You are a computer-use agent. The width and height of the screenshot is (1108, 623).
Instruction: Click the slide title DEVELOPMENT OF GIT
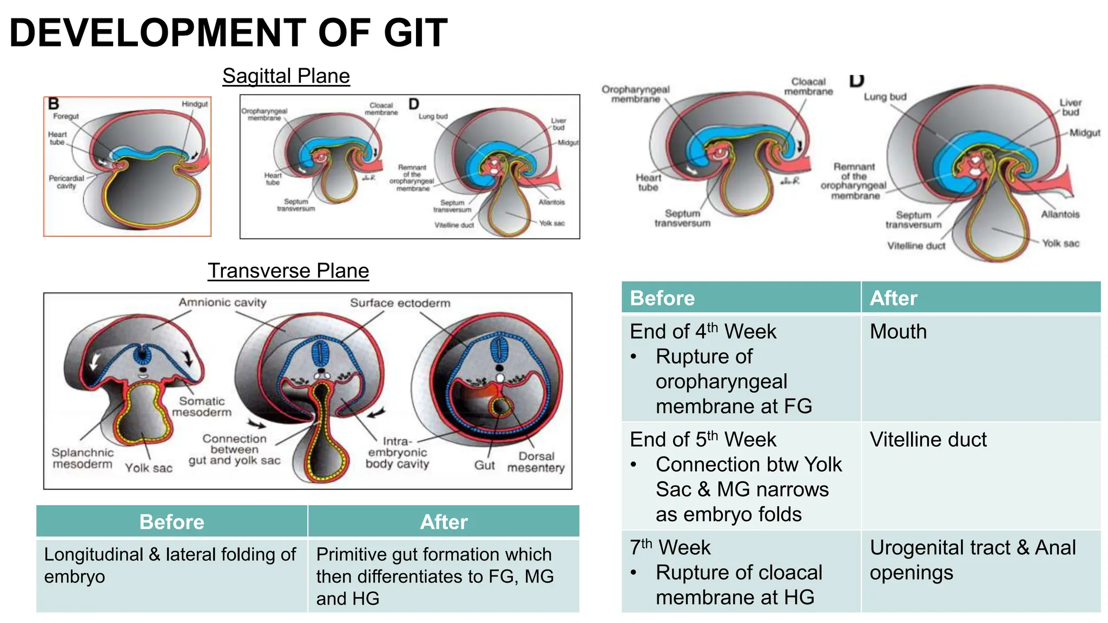(228, 34)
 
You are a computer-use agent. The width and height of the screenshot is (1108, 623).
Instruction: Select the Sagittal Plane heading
(286, 76)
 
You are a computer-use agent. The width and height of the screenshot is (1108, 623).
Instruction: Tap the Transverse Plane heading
(288, 271)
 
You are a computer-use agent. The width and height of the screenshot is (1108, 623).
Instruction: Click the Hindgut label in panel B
(194, 104)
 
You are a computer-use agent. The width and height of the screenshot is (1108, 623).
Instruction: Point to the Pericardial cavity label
(66, 182)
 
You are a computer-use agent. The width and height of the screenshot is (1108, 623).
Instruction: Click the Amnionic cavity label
(222, 302)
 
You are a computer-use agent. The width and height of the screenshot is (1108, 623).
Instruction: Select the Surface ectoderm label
(400, 303)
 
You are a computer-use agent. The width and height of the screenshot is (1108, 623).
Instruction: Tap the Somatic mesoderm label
(201, 407)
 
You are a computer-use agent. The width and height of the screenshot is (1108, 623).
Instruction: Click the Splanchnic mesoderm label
(82, 458)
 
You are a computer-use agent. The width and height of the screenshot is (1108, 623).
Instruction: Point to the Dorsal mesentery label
(536, 462)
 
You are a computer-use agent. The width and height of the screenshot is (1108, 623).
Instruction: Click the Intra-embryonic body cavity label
(397, 453)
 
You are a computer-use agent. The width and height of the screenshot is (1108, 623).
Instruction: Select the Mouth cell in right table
(898, 332)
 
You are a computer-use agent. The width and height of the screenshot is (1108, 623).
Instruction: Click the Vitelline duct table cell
(928, 440)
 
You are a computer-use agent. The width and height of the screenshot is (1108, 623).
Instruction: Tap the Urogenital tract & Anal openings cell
(972, 560)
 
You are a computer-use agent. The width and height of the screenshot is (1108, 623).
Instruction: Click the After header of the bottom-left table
(444, 522)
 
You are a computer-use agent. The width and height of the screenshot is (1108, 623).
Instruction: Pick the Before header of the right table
(662, 298)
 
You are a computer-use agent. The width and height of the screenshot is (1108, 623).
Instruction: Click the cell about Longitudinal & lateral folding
(170, 565)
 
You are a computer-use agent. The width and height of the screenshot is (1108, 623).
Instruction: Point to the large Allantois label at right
(1060, 214)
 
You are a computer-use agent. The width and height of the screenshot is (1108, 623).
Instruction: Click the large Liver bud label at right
(1070, 107)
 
